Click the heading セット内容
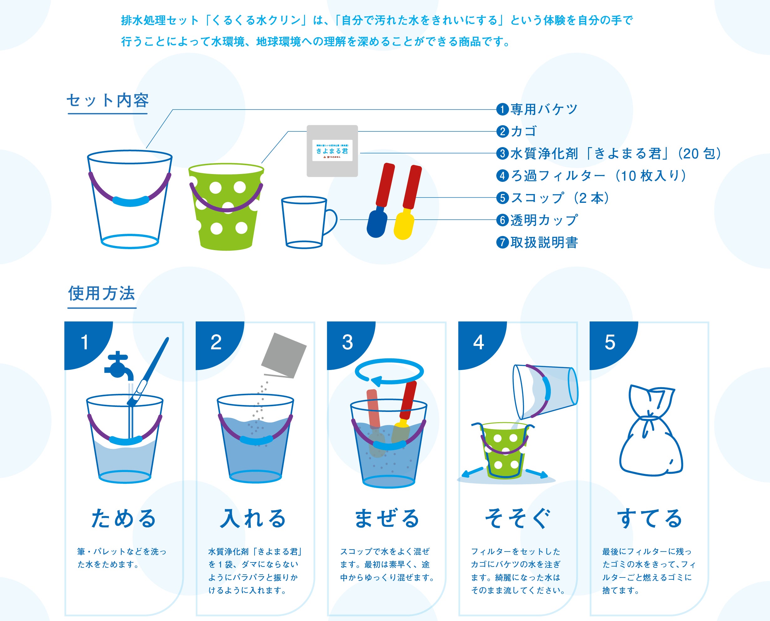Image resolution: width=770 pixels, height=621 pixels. [108, 100]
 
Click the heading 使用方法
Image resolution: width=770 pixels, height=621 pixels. [102, 293]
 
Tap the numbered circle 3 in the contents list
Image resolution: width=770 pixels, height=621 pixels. [502, 153]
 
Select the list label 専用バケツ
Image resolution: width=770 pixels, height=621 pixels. [544, 109]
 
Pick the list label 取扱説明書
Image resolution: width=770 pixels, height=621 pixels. [544, 243]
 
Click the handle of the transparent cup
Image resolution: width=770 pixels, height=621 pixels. [331, 222]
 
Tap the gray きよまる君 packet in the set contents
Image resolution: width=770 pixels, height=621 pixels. [332, 151]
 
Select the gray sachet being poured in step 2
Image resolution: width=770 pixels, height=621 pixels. [284, 355]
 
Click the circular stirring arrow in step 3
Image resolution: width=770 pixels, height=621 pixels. [389, 372]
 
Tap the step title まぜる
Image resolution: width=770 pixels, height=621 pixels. [387, 518]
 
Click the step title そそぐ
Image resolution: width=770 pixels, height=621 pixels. [517, 518]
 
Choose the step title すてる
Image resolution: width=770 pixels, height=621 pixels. [649, 518]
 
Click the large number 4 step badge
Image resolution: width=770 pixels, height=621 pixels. [479, 342]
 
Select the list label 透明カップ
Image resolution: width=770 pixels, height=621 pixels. [544, 220]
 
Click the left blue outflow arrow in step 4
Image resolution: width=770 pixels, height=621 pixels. [472, 473]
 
